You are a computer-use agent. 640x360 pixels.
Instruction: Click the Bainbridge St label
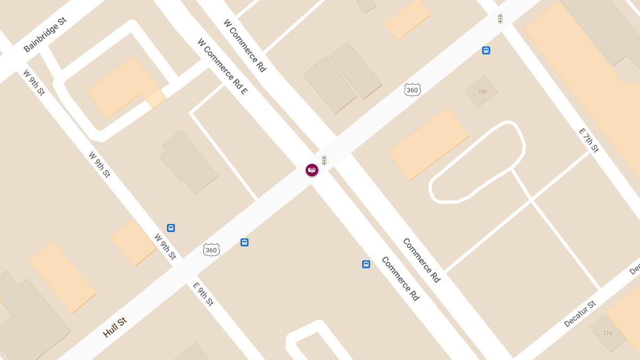[45, 35]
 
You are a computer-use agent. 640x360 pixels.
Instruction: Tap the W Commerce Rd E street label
[222, 66]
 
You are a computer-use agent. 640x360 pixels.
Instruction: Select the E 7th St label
[589, 140]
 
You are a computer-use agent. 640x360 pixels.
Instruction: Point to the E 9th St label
[203, 294]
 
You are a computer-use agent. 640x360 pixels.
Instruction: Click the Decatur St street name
[579, 314]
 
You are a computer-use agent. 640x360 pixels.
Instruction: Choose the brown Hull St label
[115, 327]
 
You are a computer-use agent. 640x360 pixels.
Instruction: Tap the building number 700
[482, 92]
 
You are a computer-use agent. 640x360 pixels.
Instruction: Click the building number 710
[607, 333]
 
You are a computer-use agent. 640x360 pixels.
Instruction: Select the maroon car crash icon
[312, 170]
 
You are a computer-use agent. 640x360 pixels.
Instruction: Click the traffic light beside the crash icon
[324, 160]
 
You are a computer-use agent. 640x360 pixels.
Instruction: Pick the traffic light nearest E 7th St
[500, 19]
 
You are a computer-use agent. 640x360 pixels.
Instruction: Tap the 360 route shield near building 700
[412, 90]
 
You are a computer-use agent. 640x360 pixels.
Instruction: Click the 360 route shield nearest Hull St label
[211, 250]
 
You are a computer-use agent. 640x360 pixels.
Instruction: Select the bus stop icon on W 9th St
[171, 228]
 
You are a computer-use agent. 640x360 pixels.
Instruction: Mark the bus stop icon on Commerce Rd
[366, 264]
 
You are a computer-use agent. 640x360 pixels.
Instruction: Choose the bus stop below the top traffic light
[486, 51]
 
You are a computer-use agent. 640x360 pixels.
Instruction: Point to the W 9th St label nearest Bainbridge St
[34, 83]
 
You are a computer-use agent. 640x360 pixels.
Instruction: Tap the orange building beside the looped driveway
[428, 143]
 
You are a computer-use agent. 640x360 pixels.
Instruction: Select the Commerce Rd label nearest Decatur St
[421, 260]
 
